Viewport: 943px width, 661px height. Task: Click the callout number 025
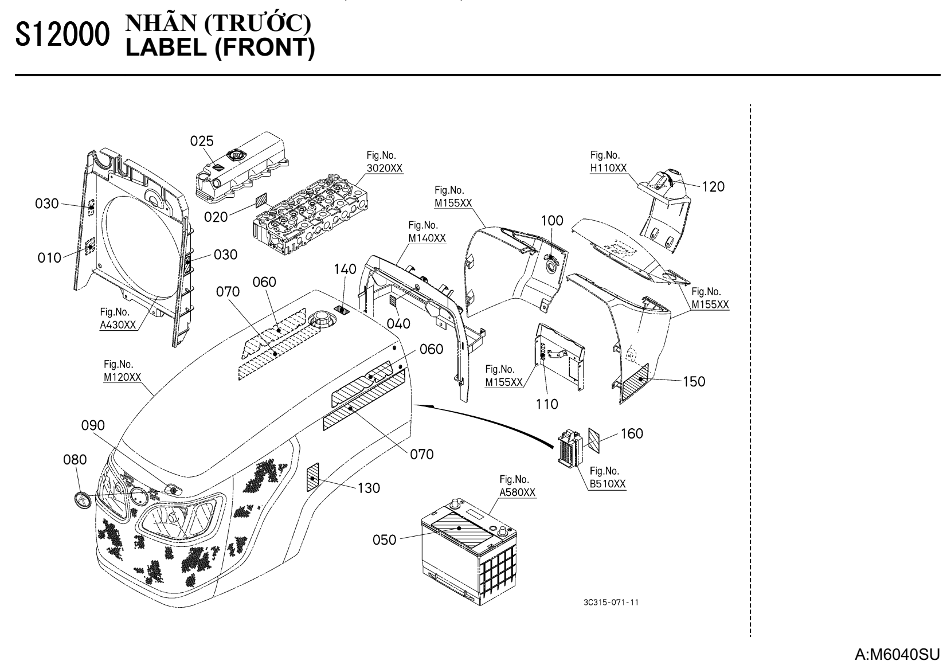pyautogui.click(x=202, y=141)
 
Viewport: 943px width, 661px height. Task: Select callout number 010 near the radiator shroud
pyautogui.click(x=49, y=258)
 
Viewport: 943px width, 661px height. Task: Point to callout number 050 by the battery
pyautogui.click(x=384, y=539)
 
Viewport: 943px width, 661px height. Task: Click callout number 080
pyautogui.click(x=75, y=460)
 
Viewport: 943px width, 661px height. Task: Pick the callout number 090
pyautogui.click(x=93, y=425)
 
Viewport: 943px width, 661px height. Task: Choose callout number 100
pyautogui.click(x=552, y=221)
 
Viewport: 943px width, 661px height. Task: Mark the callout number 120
pyautogui.click(x=713, y=186)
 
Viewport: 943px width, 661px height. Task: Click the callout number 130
pyautogui.click(x=369, y=488)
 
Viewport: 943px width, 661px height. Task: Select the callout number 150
pyautogui.click(x=694, y=381)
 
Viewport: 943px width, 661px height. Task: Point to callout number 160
pyautogui.click(x=632, y=434)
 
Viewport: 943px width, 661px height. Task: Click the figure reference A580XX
pyautogui.click(x=518, y=492)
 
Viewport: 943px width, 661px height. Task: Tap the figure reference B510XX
pyautogui.click(x=608, y=484)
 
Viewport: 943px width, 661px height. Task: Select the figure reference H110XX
pyautogui.click(x=608, y=168)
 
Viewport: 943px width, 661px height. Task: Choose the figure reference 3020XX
pyautogui.click(x=385, y=168)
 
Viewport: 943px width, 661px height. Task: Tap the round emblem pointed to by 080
pyautogui.click(x=83, y=499)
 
